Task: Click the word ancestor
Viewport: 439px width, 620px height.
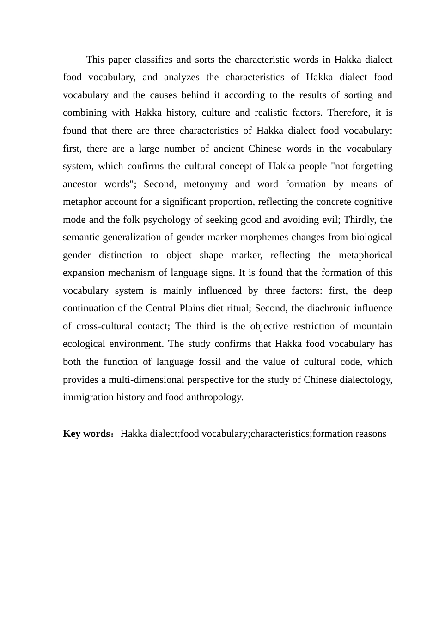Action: click(80, 185)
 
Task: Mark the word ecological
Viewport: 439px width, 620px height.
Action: click(85, 344)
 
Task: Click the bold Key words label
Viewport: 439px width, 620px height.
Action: click(86, 434)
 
